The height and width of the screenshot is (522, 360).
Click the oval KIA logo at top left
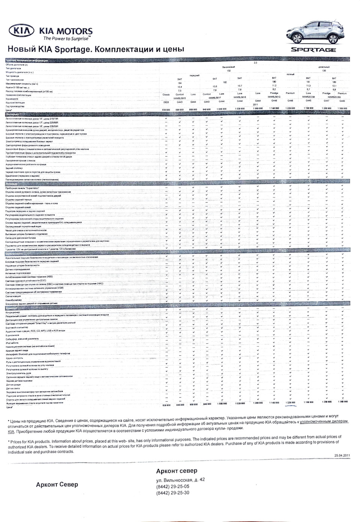[23, 31]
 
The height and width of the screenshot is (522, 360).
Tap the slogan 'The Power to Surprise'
[66, 38]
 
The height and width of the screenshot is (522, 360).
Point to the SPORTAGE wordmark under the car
[314, 49]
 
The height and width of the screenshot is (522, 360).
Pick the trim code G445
[308, 100]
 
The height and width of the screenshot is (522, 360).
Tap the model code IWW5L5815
[180, 98]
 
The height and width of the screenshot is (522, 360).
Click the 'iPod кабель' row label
[12, 343]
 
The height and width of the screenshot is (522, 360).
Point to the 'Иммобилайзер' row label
[14, 300]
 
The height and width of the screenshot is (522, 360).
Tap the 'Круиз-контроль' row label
[15, 358]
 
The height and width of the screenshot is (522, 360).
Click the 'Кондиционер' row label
[13, 312]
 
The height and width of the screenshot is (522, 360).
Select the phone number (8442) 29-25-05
[173, 486]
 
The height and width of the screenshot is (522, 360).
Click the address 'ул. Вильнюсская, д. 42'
[180, 480]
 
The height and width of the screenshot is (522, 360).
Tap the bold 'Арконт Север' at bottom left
[57, 485]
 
